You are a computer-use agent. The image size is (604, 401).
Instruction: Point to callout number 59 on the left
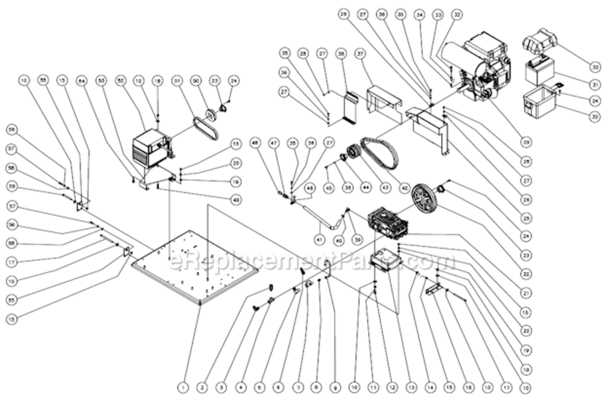pyautogui.click(x=11, y=187)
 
